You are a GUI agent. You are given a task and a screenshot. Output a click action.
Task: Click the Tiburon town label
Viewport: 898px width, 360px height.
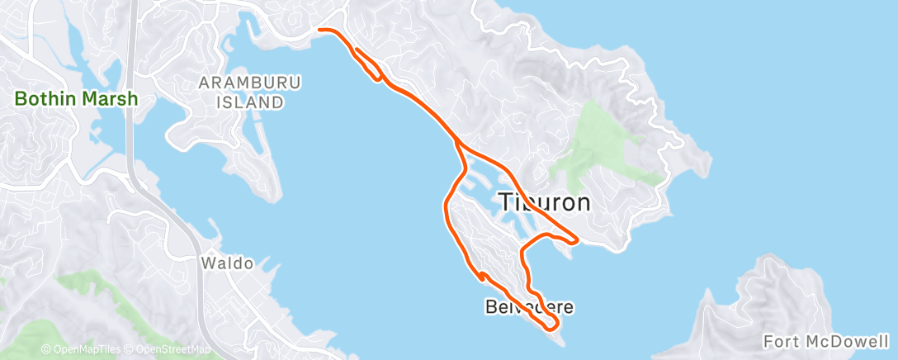tap(545, 202)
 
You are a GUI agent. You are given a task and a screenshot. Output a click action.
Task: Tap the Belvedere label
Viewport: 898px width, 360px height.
tap(528, 307)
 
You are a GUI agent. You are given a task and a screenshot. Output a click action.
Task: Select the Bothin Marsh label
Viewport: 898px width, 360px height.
tap(75, 99)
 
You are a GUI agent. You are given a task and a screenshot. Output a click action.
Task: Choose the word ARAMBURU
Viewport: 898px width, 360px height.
tap(250, 83)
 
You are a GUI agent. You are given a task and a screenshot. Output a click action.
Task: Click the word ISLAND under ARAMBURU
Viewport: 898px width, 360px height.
tap(250, 102)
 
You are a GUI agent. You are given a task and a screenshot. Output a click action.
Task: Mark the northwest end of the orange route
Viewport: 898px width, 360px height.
tap(320, 31)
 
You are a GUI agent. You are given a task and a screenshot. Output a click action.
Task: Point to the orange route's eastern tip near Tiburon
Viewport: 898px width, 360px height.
tap(577, 241)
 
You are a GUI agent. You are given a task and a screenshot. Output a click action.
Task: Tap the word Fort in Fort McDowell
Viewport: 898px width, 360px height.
tap(780, 341)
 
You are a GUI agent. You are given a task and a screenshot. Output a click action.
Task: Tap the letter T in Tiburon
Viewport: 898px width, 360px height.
tap(506, 202)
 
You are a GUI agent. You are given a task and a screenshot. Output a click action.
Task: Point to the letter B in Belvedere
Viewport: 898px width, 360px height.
tap(489, 307)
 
